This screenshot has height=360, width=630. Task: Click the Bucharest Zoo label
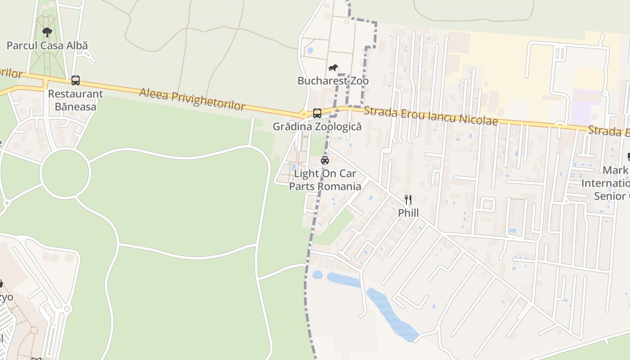pos(333,81)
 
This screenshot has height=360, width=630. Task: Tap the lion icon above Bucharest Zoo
pos(333,68)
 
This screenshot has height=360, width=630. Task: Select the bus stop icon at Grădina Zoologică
pos(317,113)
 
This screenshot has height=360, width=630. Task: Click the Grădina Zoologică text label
pos(317,126)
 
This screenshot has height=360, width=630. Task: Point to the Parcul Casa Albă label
pos(47,45)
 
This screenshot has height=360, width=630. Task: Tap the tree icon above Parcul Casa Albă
pos(47,32)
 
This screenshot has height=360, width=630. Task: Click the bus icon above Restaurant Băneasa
pos(76,81)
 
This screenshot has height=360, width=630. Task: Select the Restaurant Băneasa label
pos(76,100)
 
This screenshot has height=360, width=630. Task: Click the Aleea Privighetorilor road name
pos(192,99)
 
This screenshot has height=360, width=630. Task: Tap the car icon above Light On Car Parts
pos(325,160)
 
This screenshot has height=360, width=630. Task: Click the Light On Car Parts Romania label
pos(325,180)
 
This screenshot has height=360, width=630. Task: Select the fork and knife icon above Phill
pos(408,199)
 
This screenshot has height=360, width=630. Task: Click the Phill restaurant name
pos(408,213)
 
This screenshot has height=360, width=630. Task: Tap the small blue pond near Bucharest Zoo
pos(310,50)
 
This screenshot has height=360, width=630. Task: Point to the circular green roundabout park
pos(66,173)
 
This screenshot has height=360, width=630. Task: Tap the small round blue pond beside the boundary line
pos(317,274)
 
